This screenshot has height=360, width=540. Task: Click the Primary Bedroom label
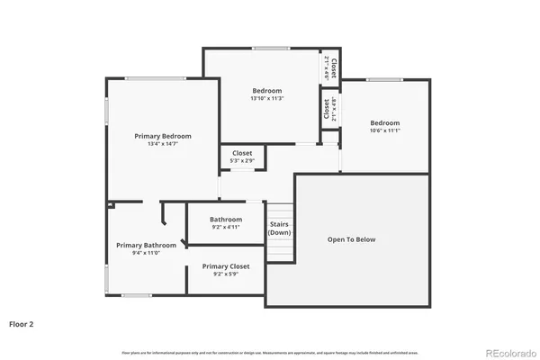coord(163,136)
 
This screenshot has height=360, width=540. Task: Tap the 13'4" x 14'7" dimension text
coord(163,144)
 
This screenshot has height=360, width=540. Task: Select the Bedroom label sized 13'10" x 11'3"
coord(267,91)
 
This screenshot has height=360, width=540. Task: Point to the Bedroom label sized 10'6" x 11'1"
coord(385,123)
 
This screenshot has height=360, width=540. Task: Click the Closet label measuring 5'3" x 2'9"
coord(242,153)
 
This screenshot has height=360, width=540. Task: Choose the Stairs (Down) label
coord(279,228)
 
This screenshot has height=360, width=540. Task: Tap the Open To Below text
coord(351,239)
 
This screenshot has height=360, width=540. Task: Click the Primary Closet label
coord(225,266)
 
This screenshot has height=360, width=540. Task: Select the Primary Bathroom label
coord(146,245)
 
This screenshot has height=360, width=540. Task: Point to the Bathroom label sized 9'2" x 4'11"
coord(226,220)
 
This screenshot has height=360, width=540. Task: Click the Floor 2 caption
coord(22,322)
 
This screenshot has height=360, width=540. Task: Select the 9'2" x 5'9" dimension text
coord(225,274)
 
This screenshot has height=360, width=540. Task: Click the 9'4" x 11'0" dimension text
coord(146,253)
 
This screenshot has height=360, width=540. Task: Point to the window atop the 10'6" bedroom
coord(383,79)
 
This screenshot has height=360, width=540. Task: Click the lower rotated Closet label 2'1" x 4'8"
coord(330,108)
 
